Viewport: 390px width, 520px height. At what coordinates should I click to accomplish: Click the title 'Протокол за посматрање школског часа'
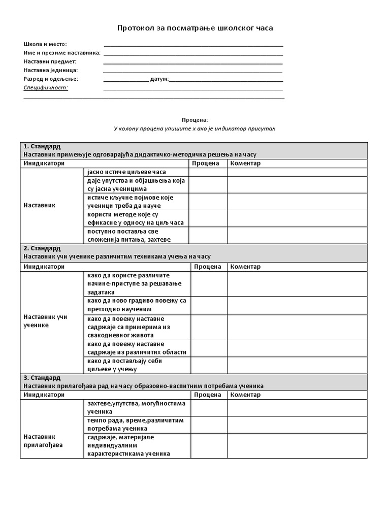[195, 28]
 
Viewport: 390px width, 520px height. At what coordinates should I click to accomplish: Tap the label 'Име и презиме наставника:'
[62, 53]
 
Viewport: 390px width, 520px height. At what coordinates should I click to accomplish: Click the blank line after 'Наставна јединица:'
[193, 71]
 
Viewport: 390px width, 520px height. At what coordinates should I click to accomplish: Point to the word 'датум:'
[159, 79]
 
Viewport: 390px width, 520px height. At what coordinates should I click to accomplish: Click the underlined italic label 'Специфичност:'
[46, 87]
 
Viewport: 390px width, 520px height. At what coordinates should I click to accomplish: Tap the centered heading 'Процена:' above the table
[195, 120]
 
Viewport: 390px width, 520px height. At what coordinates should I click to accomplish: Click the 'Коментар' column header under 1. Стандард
[245, 164]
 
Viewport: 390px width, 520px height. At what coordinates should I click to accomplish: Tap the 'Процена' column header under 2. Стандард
[208, 267]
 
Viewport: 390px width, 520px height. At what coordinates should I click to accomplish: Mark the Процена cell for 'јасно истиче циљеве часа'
[208, 172]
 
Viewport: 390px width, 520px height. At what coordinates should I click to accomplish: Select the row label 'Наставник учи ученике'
[46, 321]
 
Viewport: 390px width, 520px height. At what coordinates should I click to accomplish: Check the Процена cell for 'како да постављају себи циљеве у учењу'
[208, 365]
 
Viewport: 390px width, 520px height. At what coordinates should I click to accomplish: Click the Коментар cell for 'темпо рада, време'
[297, 425]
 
